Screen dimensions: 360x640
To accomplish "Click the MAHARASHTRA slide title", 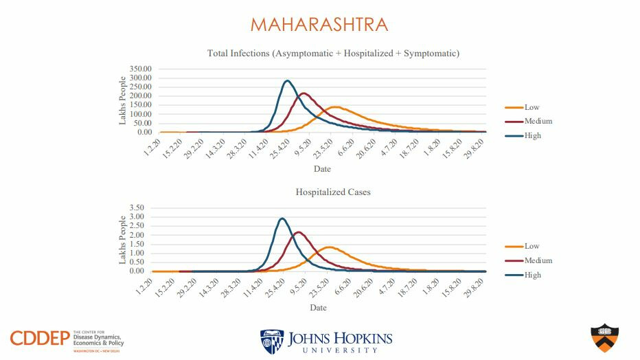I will click(x=319, y=25).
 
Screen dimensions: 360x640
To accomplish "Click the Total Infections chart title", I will click(x=333, y=53).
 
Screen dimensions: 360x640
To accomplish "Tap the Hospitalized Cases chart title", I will click(x=333, y=192).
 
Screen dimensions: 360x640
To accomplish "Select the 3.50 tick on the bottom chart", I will click(x=136, y=208).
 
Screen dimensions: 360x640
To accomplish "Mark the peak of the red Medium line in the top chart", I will click(x=304, y=93).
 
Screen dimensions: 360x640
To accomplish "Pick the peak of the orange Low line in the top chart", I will click(x=336, y=106).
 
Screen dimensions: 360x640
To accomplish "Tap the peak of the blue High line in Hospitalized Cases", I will click(x=282, y=218).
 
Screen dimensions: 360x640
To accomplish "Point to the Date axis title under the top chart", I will click(x=322, y=169).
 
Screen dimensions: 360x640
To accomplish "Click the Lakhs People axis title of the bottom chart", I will click(x=123, y=239).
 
